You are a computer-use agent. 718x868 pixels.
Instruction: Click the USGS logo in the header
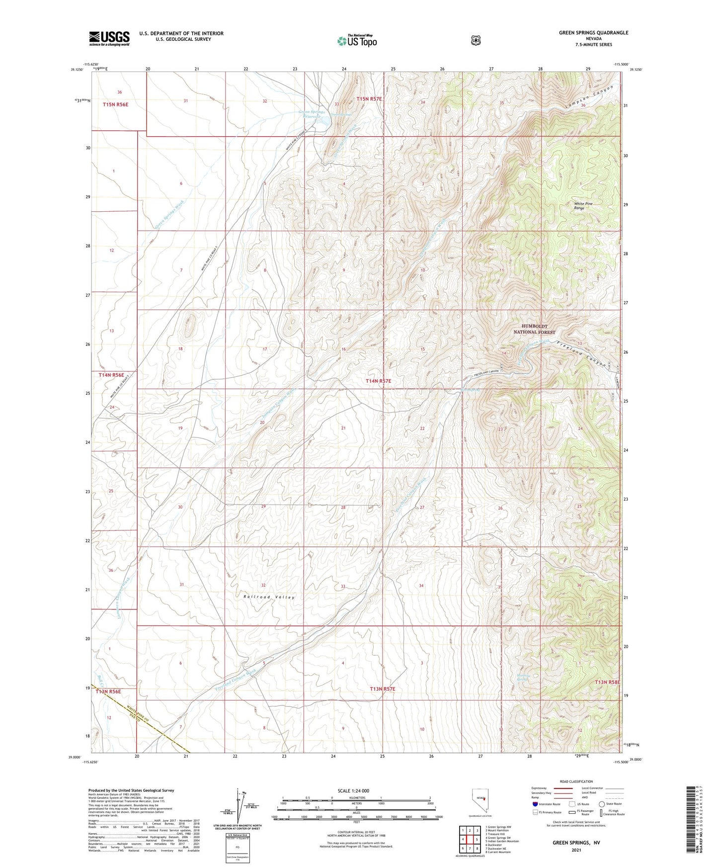109,38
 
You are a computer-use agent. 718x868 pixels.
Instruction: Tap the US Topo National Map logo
356,40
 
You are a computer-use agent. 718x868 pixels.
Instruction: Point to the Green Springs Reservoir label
312,114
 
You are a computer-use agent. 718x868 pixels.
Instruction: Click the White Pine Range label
583,206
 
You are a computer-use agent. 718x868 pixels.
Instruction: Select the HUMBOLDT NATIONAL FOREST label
534,329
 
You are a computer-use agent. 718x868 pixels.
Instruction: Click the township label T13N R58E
607,683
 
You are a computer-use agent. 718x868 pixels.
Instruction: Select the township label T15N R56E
115,104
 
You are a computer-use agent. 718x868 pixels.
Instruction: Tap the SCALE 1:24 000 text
353,790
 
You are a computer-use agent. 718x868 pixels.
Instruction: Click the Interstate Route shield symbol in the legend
535,803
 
